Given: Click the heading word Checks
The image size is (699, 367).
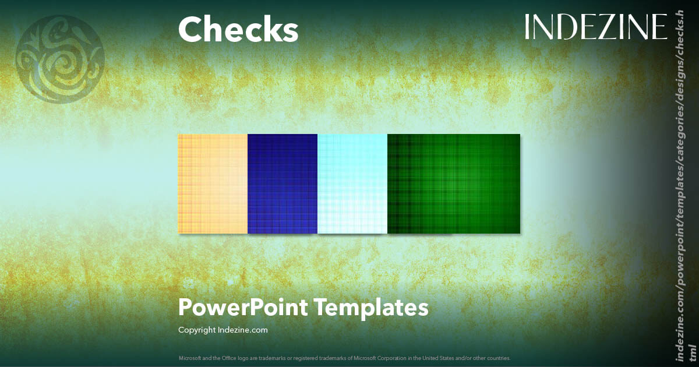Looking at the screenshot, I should click(238, 29).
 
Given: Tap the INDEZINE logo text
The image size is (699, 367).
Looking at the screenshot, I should click(595, 27).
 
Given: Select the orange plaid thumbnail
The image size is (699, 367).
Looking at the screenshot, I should click(213, 183).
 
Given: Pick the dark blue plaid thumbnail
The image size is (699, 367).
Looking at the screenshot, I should click(283, 183).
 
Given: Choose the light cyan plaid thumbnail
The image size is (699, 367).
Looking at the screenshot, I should click(352, 183).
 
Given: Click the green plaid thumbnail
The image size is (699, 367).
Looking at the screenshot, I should click(454, 183).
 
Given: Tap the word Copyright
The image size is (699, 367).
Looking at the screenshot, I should click(197, 330).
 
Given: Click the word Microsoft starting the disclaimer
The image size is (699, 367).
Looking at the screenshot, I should click(190, 358).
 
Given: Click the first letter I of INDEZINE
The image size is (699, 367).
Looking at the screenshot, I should click(528, 27).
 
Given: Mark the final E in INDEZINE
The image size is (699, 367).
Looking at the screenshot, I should click(661, 27).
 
